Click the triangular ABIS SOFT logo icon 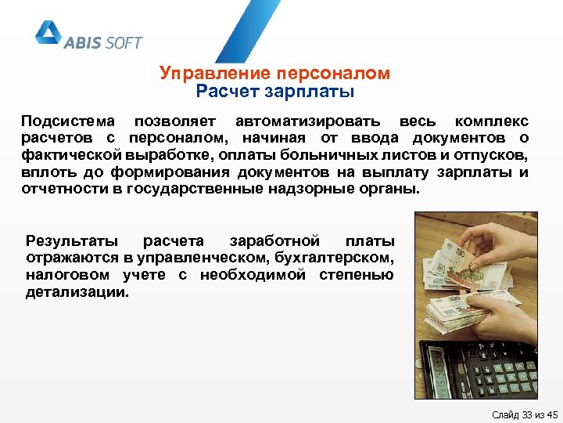[48, 34]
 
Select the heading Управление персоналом [274, 74]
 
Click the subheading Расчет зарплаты [274, 92]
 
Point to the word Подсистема [67, 121]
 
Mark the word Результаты [72, 240]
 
